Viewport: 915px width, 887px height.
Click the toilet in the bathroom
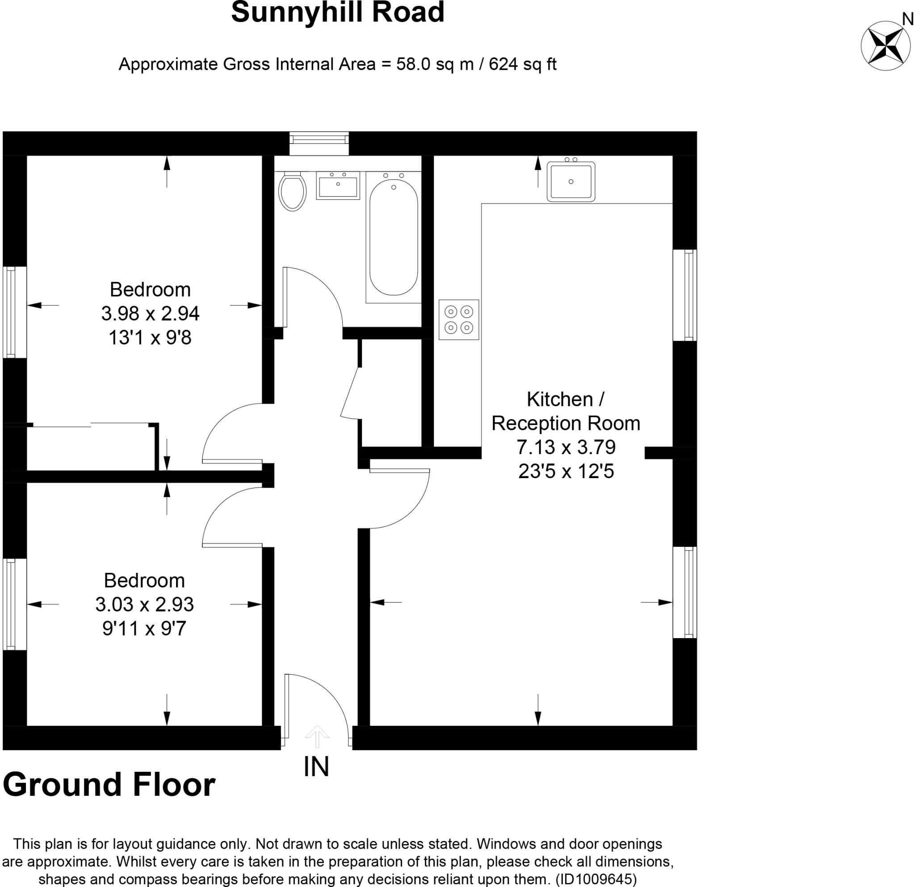pos(292,191)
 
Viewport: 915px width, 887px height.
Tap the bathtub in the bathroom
pos(394,238)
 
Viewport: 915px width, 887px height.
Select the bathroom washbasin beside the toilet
pos(338,185)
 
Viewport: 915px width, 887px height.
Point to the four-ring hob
pos(459,320)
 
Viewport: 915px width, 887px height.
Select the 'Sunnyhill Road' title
pos(337,12)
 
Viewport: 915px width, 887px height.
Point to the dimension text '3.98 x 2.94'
pos(150,314)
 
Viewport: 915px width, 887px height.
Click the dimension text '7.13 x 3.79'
pos(566,447)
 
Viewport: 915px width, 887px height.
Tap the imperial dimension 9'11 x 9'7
pos(144,628)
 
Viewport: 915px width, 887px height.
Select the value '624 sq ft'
pos(523,64)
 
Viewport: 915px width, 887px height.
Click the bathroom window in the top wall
pos(319,143)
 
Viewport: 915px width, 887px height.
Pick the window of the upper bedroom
pos(14,312)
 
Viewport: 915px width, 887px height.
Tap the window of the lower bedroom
pos(14,604)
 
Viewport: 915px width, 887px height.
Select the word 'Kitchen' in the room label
pos(559,399)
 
